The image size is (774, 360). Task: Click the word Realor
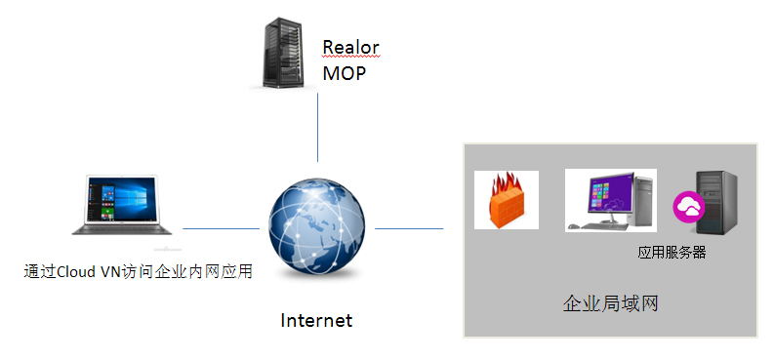click(349, 48)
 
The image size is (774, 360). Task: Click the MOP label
click(344, 73)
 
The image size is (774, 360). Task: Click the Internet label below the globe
click(316, 320)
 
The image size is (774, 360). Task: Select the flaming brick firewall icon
click(506, 201)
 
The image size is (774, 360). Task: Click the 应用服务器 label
click(672, 253)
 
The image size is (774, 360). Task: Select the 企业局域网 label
click(611, 303)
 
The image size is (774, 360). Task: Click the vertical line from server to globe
click(318, 127)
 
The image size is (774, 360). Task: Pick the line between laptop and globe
click(221, 228)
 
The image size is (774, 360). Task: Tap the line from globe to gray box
click(409, 228)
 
